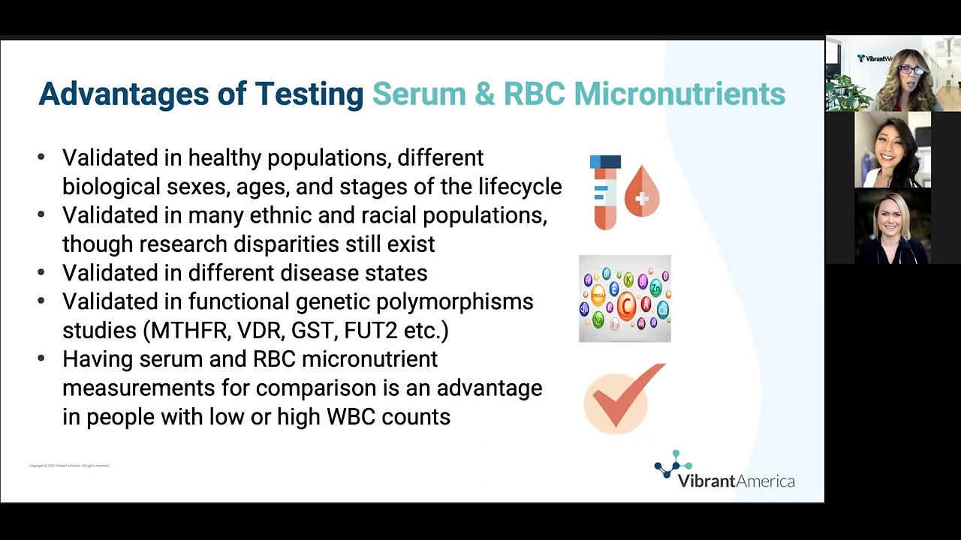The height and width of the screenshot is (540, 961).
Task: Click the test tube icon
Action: pyautogui.click(x=605, y=192)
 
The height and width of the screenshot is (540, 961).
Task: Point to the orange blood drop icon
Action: pyautogui.click(x=642, y=192)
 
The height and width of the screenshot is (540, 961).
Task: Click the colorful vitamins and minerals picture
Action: pyautogui.click(x=625, y=298)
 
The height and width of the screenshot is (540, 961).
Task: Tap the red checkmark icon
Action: pyautogui.click(x=625, y=398)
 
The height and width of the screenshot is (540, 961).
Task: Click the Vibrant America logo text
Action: pyautogui.click(x=736, y=480)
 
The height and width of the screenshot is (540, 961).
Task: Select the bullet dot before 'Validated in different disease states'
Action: pyautogui.click(x=41, y=273)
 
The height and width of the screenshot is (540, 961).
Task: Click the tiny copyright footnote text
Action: pyautogui.click(x=69, y=466)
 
